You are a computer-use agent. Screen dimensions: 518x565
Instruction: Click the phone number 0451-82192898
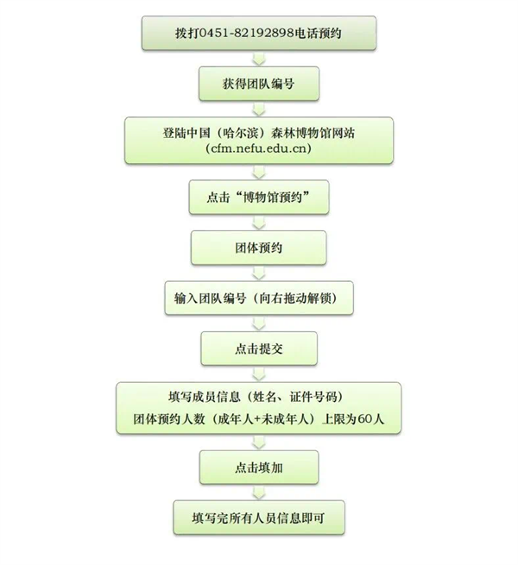[246, 33]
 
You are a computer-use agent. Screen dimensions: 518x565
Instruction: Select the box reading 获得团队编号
[259, 84]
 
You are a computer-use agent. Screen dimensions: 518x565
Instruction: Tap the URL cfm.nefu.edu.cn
[259, 148]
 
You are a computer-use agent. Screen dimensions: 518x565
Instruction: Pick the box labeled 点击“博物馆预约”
[259, 198]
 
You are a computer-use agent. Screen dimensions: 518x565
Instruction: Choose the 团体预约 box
[259, 248]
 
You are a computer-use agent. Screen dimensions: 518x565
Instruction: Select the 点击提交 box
[259, 348]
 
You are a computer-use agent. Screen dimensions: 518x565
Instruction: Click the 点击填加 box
[259, 468]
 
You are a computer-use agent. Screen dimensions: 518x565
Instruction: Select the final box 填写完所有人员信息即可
[259, 518]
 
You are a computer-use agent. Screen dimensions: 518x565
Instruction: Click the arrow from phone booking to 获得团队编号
[259, 59]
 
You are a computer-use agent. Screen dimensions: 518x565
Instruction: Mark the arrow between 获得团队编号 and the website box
[259, 109]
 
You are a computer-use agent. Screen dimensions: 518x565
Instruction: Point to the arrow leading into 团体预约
[259, 223]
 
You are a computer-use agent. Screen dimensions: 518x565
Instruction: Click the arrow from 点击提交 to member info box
[259, 374]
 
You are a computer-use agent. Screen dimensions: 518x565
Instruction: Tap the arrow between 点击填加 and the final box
[259, 493]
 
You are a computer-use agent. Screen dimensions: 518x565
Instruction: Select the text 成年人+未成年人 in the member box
[263, 418]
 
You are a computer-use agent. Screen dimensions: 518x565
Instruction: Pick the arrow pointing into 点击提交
[259, 323]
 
